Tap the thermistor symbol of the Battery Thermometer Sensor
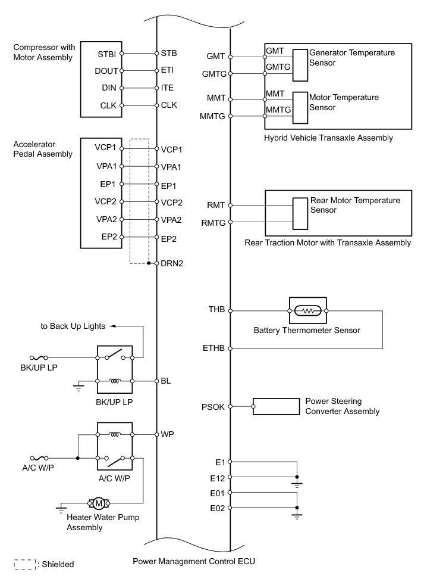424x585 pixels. point(307,310)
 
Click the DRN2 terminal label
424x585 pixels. point(171,263)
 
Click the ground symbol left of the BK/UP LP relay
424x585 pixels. point(78,388)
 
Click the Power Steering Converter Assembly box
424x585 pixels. point(276,407)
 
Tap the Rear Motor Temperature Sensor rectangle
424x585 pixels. point(300,213)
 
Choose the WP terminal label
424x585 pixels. point(167,434)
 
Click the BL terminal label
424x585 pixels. point(166,381)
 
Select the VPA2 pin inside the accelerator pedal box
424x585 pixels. point(105,219)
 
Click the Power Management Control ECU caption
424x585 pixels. point(193,561)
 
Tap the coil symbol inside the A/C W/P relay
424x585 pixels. point(114,434)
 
